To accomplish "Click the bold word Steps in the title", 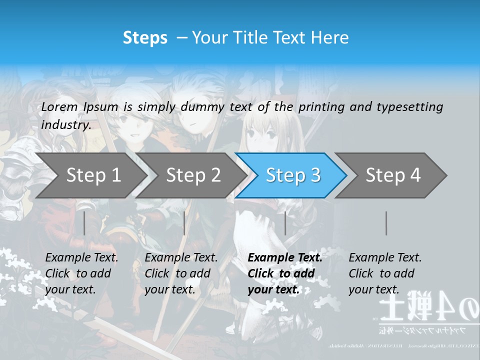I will tap(145, 38).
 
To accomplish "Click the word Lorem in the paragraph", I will tap(59, 106).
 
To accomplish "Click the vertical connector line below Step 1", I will tap(84, 223).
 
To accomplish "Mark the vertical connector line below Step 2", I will tap(184, 223).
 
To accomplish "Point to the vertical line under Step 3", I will tap(285, 223).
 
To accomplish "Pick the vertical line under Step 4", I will tap(386, 223).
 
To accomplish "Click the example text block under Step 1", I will tap(81, 273).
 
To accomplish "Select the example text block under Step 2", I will tap(181, 273).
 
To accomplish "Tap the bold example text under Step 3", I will tap(285, 273).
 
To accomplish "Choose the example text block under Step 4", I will tap(385, 273).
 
